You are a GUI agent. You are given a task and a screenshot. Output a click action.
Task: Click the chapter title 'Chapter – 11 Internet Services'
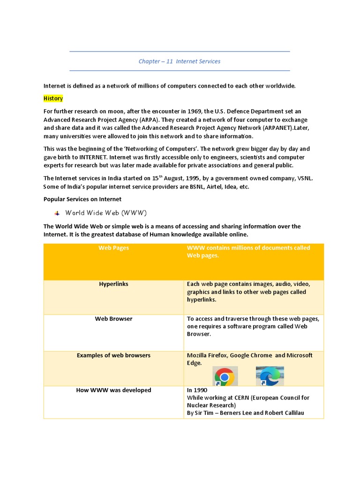179,61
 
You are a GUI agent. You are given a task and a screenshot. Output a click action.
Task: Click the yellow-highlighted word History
53,98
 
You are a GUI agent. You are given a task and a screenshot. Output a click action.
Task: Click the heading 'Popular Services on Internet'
82,199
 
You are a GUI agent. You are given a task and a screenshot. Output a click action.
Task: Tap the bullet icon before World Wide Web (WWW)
57,213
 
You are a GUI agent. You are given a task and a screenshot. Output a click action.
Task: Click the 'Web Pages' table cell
113,248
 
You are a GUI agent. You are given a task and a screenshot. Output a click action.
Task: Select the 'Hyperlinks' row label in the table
113,284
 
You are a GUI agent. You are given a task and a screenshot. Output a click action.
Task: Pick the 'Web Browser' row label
113,319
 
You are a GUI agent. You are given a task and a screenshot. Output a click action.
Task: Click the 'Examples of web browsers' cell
113,355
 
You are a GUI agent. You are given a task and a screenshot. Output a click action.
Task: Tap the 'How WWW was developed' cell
113,390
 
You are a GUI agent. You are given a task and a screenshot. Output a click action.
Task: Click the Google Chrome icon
225,376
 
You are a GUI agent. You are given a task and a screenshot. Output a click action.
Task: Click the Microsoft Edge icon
270,376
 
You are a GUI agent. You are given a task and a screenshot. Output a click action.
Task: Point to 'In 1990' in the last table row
197,390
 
